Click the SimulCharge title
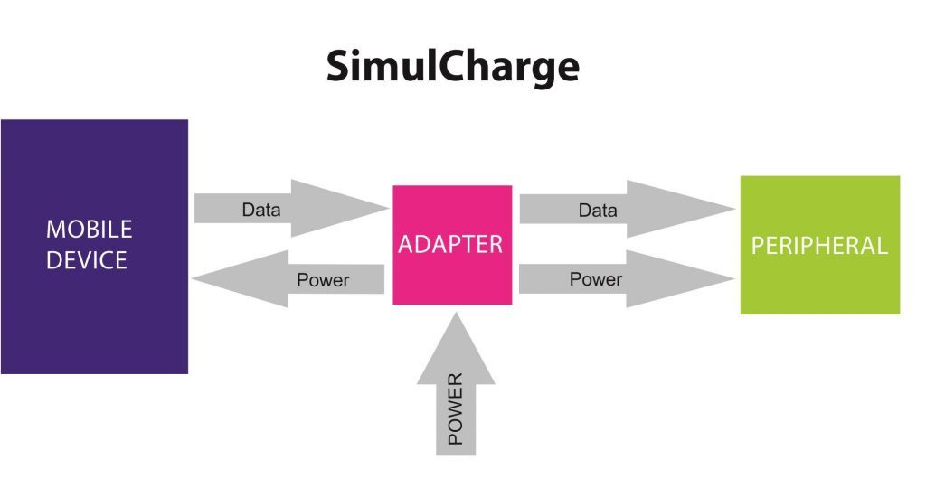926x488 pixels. [x=452, y=67]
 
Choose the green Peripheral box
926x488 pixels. [x=819, y=280]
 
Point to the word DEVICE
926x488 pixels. [x=87, y=261]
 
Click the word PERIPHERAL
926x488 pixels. [x=819, y=245]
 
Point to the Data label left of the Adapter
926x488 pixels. [x=261, y=211]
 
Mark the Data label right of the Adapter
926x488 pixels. [x=598, y=211]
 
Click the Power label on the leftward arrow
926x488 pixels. [x=323, y=280]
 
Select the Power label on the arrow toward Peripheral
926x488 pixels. [x=596, y=279]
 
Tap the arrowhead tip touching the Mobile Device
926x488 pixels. [x=196, y=280]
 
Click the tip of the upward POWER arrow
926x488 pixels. [x=456, y=315]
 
